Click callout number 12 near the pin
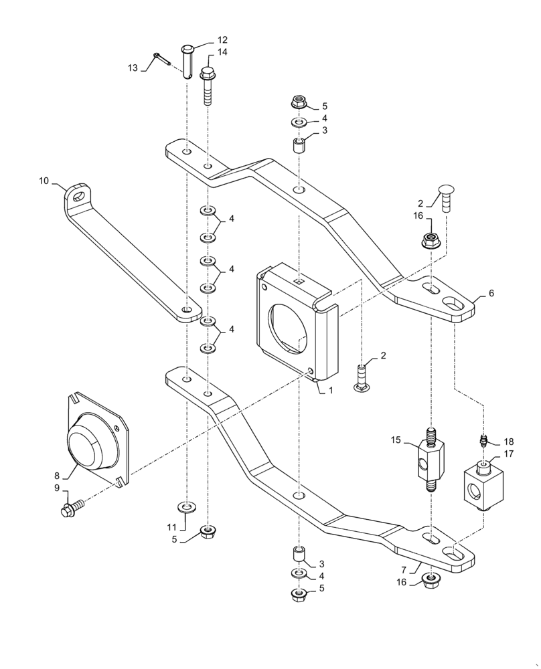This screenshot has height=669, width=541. (222, 40)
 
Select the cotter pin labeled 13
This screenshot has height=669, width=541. (161, 59)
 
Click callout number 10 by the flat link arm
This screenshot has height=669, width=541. (45, 181)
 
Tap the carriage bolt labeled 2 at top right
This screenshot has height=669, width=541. (447, 197)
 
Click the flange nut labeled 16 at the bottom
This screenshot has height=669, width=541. (431, 580)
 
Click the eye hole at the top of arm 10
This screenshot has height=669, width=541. (79, 196)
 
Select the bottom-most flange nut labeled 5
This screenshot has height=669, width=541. (299, 594)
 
